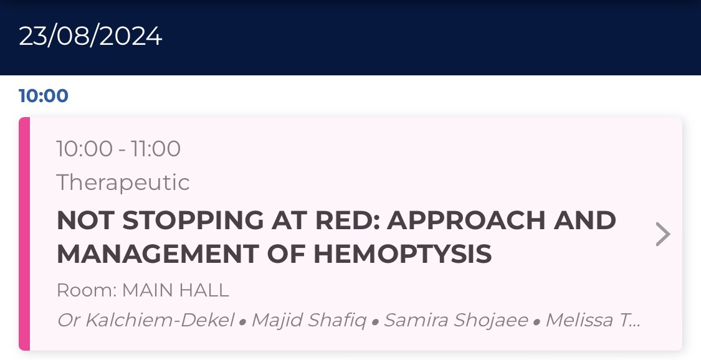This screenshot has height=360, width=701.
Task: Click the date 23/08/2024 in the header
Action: tap(90, 37)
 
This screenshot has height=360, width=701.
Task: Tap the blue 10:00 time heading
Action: tap(44, 97)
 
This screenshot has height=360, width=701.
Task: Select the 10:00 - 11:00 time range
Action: tap(118, 149)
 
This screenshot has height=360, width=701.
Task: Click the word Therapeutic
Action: tap(123, 182)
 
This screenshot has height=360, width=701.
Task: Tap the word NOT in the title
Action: tap(81, 220)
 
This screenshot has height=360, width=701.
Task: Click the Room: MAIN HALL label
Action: tap(143, 290)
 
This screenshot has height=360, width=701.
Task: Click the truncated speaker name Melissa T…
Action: tap(593, 321)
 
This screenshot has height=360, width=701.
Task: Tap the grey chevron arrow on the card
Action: tap(664, 235)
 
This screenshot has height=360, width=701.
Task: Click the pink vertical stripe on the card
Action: tap(24, 234)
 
